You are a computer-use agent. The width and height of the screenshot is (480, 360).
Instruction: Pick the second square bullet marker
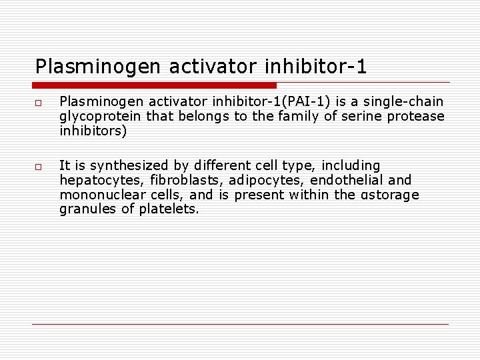coord(39,167)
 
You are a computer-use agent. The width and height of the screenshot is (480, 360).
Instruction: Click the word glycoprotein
coord(97,117)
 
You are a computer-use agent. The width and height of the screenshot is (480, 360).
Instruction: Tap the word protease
coord(419,117)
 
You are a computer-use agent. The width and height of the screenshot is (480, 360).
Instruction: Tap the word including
coord(350,165)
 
